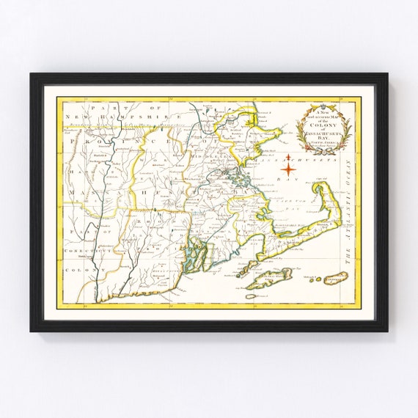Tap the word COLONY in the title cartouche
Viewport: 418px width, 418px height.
coord(323,126)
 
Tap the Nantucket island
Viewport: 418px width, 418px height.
coord(336,277)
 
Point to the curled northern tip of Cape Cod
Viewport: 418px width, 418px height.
coord(320,188)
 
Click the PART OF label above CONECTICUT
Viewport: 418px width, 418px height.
coord(76,232)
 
